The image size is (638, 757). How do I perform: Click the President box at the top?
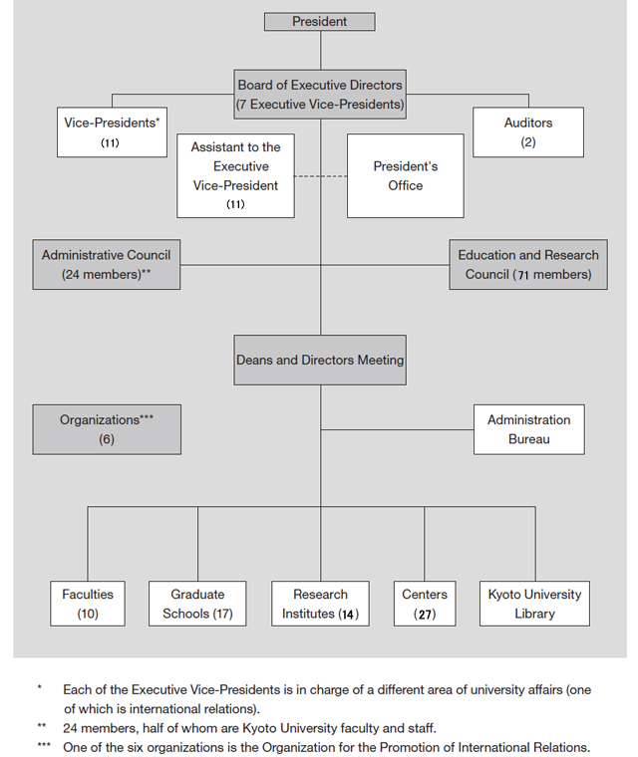319,22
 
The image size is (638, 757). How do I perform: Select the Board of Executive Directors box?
320,95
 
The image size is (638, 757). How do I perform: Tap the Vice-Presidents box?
112,132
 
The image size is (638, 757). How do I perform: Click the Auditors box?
528,132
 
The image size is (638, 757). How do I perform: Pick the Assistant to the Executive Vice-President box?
235,175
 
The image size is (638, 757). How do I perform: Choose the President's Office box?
406,175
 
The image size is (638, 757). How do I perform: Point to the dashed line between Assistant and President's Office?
320,176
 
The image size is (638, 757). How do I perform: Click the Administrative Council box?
107,265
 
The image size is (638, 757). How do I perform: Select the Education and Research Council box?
528,265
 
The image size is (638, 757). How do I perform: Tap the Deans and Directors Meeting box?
320,361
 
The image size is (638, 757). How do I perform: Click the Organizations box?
107,429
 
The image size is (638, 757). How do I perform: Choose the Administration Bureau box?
528,429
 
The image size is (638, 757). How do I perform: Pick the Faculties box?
88,604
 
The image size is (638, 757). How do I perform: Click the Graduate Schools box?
197,604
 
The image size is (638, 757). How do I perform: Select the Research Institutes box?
320,604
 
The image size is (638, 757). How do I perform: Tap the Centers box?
425,604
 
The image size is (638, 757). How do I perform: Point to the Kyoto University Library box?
534,604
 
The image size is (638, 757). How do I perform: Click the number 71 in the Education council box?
523,275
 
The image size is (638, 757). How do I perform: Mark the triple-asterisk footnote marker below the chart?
44,745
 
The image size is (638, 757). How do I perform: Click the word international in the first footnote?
161,709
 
